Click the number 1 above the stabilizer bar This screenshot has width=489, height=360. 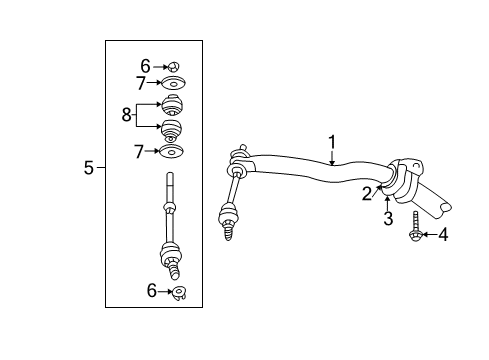(332, 142)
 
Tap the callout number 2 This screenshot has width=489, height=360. (367, 193)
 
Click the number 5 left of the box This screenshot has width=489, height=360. (89, 169)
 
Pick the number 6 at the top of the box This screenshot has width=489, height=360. (144, 65)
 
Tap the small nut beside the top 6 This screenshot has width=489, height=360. (172, 65)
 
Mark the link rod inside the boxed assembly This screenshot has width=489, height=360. (171, 225)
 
